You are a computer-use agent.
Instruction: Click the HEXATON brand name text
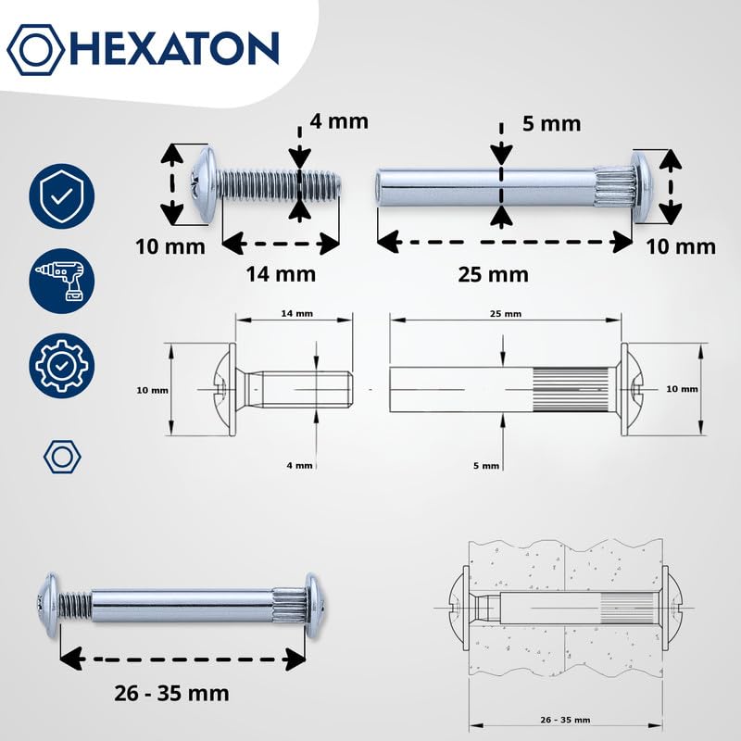coord(174,49)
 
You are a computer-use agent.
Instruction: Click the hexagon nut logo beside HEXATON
coord(35,49)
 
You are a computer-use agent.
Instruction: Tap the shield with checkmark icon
coord(61,196)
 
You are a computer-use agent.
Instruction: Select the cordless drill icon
coord(61,281)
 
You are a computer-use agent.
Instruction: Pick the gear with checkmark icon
coord(61,365)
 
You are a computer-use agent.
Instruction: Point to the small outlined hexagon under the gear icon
coord(62,457)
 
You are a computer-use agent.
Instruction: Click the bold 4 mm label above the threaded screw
coord(339,121)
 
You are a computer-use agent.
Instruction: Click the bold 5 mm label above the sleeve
coord(551,124)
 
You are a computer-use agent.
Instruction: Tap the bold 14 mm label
coord(281,274)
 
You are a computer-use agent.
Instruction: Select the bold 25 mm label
coord(493,274)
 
